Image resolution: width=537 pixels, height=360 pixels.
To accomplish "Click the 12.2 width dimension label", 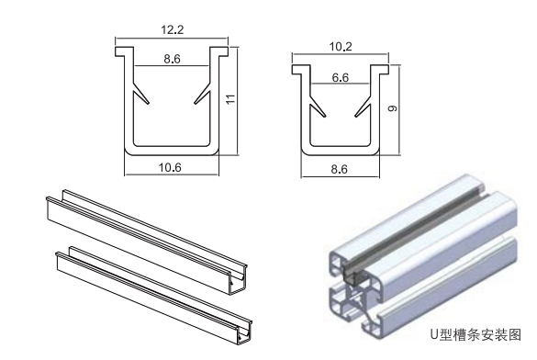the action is point(173,29).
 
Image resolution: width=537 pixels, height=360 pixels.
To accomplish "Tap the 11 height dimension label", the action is point(231,99).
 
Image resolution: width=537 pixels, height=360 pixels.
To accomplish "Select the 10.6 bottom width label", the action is point(170,167).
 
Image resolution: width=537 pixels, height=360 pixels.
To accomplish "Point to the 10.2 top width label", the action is point(341,46).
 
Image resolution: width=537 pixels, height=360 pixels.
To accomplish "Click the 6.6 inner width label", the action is point(340,78).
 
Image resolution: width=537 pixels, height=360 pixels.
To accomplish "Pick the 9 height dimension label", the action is point(393,107).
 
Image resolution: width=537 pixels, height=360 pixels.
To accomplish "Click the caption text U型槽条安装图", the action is point(475,334).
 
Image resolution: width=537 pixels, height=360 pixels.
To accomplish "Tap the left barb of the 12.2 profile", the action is point(140,92).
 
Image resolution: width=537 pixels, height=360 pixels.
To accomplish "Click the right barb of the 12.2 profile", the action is point(202,92).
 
